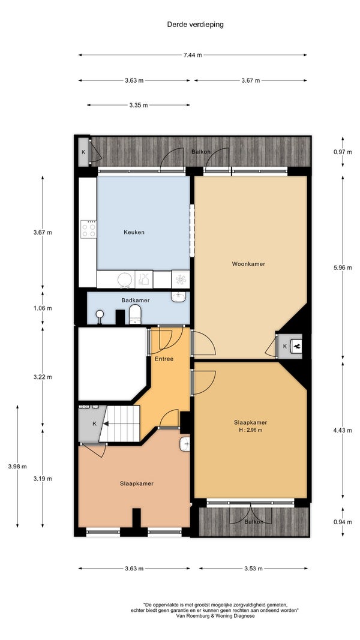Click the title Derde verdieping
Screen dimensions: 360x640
pyautogui.click(x=195, y=25)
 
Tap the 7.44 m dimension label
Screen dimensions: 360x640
pyautogui.click(x=192, y=55)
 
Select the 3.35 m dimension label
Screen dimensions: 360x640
pyautogui.click(x=139, y=106)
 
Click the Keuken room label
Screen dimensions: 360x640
pyautogui.click(x=134, y=233)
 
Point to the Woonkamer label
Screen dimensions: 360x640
pyautogui.click(x=248, y=264)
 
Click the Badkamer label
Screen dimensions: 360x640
pyautogui.click(x=136, y=301)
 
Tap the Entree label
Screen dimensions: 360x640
pyautogui.click(x=164, y=359)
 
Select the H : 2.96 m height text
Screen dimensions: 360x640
pyautogui.click(x=251, y=430)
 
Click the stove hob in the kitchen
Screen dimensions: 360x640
pyautogui.click(x=88, y=229)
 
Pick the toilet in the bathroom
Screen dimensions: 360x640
pyautogui.click(x=135, y=316)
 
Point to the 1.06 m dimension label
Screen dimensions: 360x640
pyautogui.click(x=43, y=308)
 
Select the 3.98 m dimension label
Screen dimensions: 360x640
pyautogui.click(x=17, y=467)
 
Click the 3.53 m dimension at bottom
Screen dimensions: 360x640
pyautogui.click(x=253, y=569)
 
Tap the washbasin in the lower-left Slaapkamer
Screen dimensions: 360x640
pyautogui.click(x=185, y=444)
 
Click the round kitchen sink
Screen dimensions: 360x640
pyautogui.click(x=125, y=280)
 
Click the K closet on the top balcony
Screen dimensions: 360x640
pyautogui.click(x=83, y=152)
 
